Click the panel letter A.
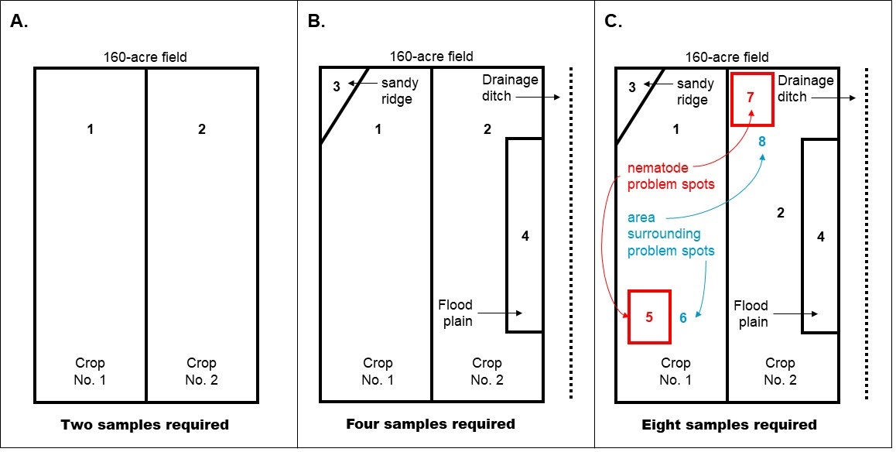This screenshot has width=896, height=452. click(19, 21)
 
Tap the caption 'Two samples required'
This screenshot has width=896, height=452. click(145, 424)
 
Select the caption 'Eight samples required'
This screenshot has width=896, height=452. click(729, 424)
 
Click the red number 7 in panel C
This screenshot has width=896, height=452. click(750, 98)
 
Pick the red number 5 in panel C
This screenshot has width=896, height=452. click(649, 316)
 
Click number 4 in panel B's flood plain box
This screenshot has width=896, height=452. click(525, 236)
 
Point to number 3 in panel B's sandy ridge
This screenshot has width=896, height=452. click(336, 86)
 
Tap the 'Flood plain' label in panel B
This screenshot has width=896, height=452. click(455, 313)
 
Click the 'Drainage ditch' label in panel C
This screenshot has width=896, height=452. click(805, 88)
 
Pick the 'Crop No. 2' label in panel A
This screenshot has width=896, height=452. click(201, 371)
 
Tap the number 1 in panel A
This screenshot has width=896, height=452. click(91, 129)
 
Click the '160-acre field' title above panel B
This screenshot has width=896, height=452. click(431, 56)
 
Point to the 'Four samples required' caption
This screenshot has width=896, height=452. click(430, 424)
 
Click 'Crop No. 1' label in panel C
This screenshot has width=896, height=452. click(675, 371)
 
